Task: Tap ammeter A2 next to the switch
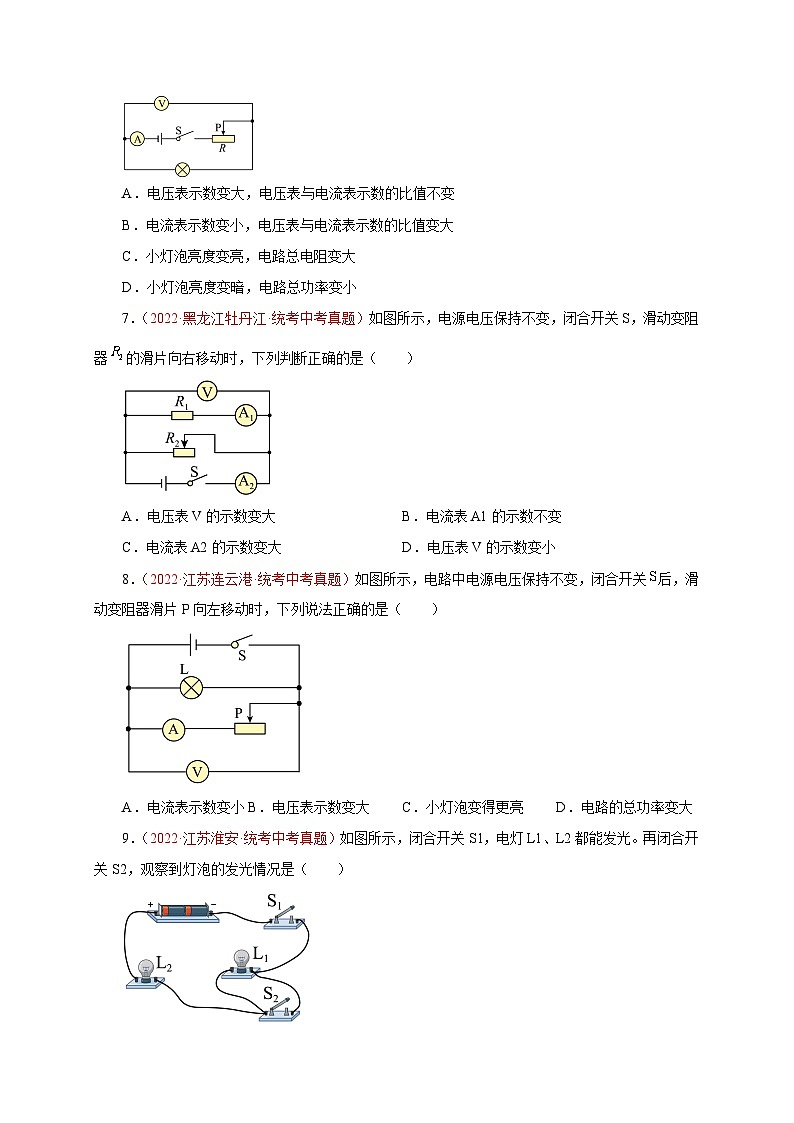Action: (246, 482)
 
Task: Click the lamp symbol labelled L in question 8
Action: (191, 687)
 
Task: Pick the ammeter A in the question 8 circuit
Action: (173, 729)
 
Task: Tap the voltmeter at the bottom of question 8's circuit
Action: (198, 771)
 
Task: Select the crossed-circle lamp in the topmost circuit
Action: (183, 168)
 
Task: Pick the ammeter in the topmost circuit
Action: (138, 139)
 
